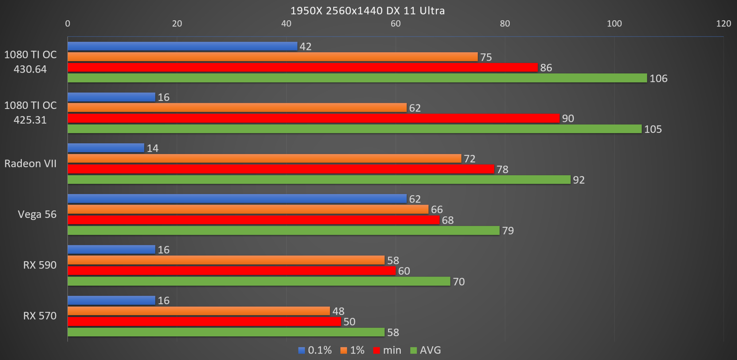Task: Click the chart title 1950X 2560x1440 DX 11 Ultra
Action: coord(367,11)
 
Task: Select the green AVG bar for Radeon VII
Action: coord(319,180)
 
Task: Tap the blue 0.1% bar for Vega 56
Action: coord(237,199)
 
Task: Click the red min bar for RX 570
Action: coord(204,322)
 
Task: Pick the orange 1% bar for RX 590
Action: coord(226,260)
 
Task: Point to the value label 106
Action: coord(658,79)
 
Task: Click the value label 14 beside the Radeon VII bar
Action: coord(153,149)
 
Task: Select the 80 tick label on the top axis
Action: coord(505,24)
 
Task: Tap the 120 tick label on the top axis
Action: coord(723,24)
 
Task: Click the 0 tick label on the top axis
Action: coord(68,24)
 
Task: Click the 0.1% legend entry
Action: coord(315,350)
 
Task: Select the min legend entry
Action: coord(387,350)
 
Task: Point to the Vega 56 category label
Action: coord(37,214)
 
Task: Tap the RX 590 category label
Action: coord(40,265)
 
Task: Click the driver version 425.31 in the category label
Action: coord(30,120)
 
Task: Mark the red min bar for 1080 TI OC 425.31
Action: coord(313,118)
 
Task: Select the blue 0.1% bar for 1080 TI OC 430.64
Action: coord(182,46)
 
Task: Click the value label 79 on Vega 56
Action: coord(508,231)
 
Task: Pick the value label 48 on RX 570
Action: coord(338,312)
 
